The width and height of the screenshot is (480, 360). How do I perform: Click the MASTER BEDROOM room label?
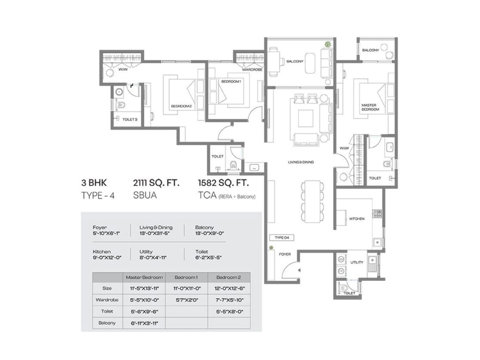tap(369, 107)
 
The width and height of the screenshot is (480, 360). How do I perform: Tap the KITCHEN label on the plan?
tap(358, 219)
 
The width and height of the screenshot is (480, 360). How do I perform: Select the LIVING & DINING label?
tap(301, 162)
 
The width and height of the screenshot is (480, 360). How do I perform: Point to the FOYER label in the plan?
tap(284, 254)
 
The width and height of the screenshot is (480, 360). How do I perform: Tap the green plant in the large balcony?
tap(328, 44)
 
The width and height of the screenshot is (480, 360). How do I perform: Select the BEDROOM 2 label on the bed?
tap(181, 106)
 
